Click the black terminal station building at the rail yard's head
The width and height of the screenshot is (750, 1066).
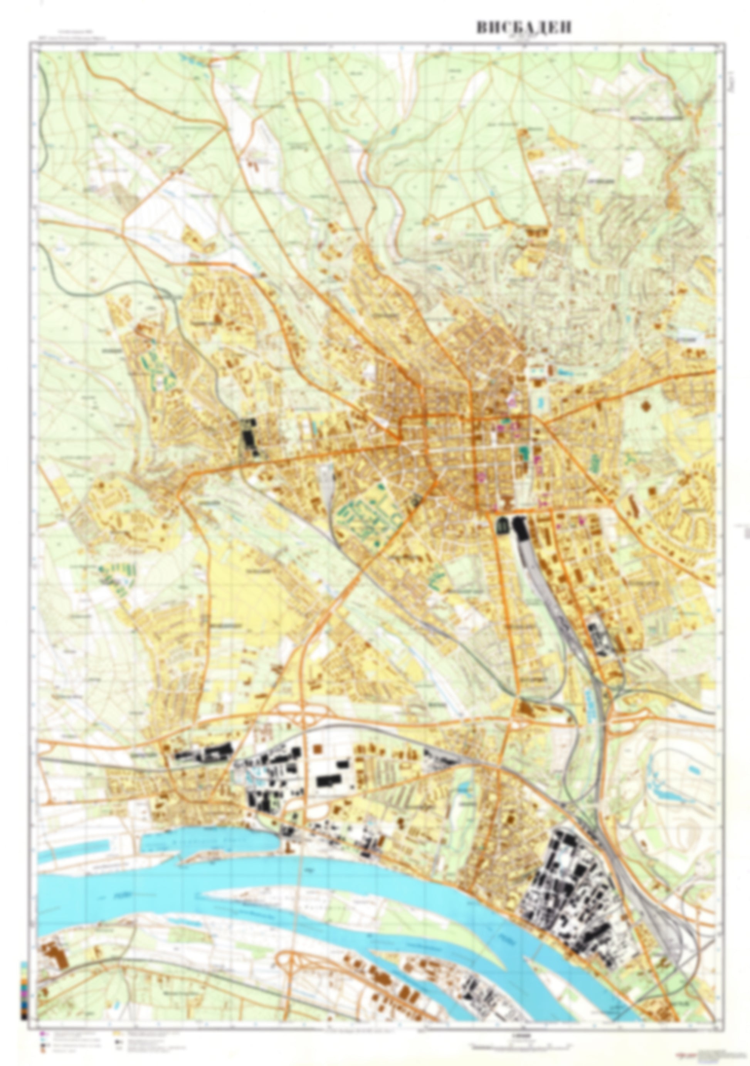point(519,528)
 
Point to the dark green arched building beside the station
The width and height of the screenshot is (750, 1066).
point(503,526)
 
